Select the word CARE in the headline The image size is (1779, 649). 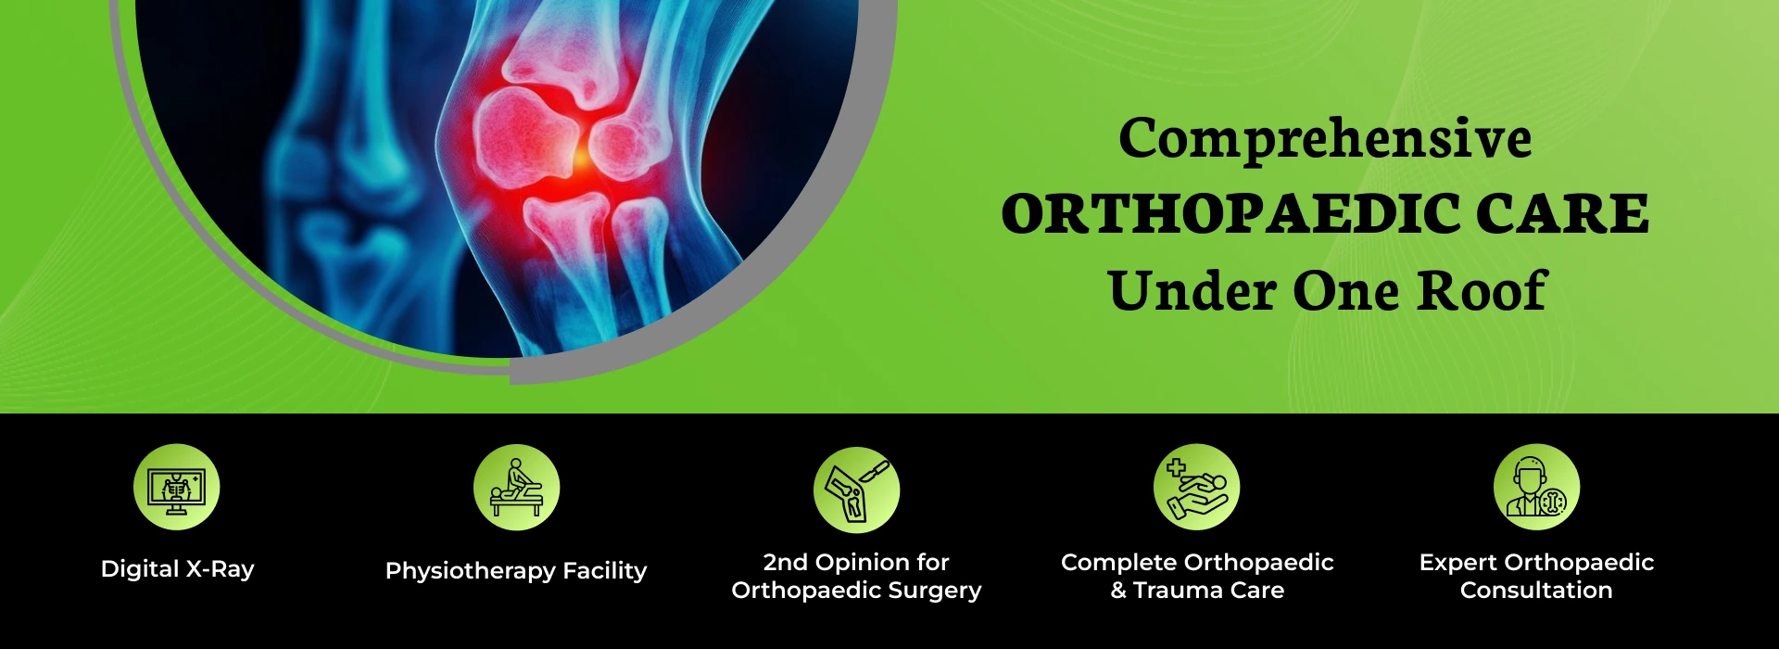pyautogui.click(x=1563, y=214)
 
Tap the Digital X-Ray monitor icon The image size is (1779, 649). pyautogui.click(x=177, y=487)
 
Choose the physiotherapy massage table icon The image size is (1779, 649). pyautogui.click(x=516, y=487)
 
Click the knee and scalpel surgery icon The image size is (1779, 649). pyautogui.click(x=856, y=490)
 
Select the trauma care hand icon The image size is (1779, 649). pyautogui.click(x=1196, y=487)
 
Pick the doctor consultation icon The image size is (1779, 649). pyautogui.click(x=1536, y=487)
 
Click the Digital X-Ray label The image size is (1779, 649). pyautogui.click(x=177, y=569)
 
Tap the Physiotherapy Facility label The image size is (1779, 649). pyautogui.click(x=516, y=571)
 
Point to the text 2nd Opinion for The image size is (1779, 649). pyautogui.click(x=856, y=563)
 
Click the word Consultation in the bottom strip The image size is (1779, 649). pyautogui.click(x=1536, y=591)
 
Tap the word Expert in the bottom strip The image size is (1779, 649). pyautogui.click(x=1458, y=564)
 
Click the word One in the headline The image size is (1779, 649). pyautogui.click(x=1346, y=291)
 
